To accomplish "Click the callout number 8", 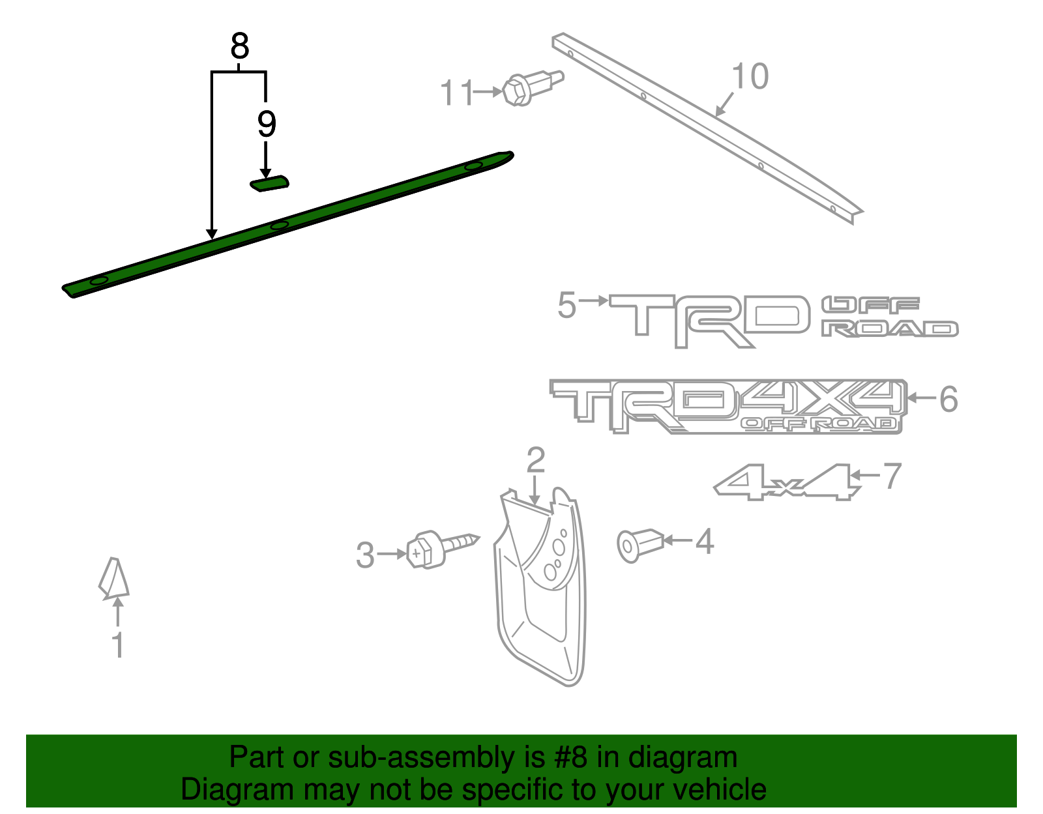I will click(240, 47).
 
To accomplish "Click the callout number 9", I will click(266, 124).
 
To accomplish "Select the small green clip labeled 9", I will click(270, 184).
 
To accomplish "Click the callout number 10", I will click(750, 77).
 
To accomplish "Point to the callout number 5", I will click(566, 305).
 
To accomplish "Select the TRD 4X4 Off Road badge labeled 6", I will click(727, 406).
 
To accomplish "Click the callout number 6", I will click(948, 399).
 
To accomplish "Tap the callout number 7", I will click(892, 476).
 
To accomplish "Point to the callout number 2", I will click(535, 460).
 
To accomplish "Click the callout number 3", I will click(365, 555).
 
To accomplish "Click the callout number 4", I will click(705, 542).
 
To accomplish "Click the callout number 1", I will click(117, 645).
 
